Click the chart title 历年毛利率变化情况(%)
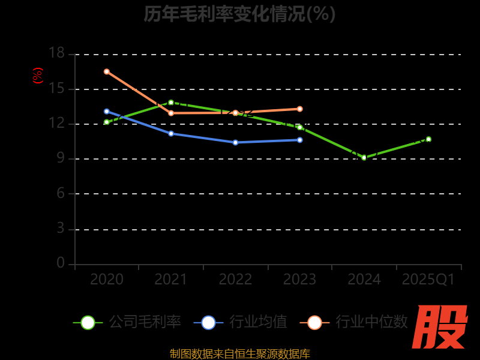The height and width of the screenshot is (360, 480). pos(239,14)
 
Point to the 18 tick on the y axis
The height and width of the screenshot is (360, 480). pos(56,53)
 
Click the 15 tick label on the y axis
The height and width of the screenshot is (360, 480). pos(56,88)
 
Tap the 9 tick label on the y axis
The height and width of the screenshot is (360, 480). pos(60,158)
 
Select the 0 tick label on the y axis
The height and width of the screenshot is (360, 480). pos(60,263)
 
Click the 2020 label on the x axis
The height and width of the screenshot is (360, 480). pos(107,280)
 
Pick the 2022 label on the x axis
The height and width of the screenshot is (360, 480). pos(235,280)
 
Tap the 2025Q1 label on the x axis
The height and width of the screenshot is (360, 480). pos(428,280)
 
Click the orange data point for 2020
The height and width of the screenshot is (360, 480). pos(107,71)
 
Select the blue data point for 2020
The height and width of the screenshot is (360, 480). pos(107,111)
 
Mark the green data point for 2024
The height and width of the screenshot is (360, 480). pos(364,157)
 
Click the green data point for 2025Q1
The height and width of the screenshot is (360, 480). pos(428,139)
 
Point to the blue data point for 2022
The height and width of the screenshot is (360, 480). pos(235,142)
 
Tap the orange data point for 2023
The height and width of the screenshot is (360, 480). pos(299,109)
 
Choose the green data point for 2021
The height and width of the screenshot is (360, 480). pos(171,102)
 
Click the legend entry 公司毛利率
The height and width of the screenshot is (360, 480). pos(127,322)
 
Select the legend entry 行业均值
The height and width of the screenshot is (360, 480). pos(241,322)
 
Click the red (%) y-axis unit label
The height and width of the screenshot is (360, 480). pos(38,76)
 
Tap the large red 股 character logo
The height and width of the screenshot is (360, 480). pos(441,327)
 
